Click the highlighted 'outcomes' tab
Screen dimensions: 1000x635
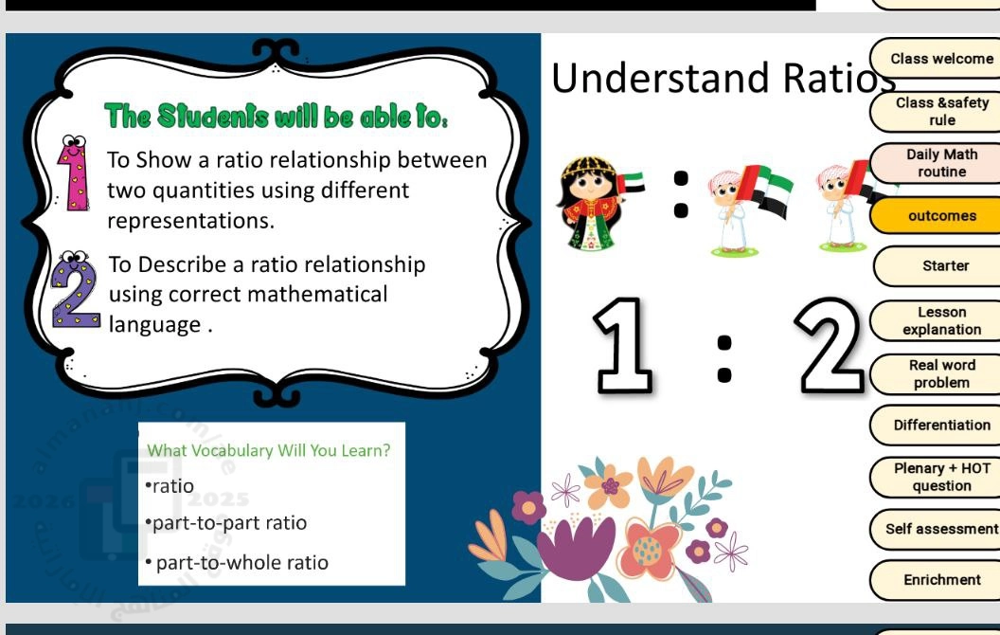937,216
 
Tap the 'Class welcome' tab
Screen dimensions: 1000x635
937,58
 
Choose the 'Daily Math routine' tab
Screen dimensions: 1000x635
937,163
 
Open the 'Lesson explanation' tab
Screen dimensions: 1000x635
937,320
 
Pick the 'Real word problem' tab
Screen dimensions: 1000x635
937,373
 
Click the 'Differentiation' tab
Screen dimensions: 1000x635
937,425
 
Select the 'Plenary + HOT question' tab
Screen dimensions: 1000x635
937,477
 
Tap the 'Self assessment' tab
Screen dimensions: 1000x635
937,529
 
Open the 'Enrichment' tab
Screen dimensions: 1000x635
937,579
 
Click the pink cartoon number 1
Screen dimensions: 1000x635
75,172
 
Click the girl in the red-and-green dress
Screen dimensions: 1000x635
591,203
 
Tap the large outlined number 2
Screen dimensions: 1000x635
830,345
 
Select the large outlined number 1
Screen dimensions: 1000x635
623,345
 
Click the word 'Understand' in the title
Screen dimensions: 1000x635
660,78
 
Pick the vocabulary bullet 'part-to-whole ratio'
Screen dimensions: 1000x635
237,562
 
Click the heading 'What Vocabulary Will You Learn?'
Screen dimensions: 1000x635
269,450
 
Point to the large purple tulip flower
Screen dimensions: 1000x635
577,547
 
